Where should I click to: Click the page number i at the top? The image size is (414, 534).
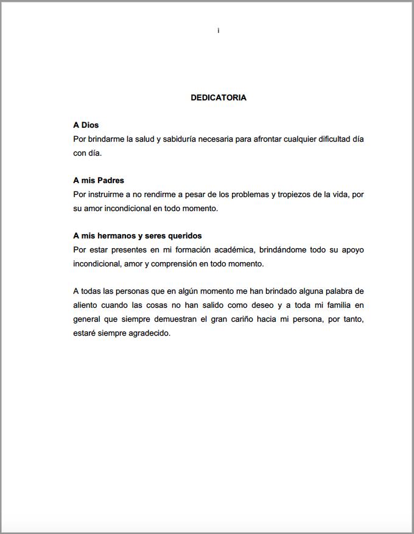[x=218, y=30]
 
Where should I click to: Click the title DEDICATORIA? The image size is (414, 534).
[x=219, y=97]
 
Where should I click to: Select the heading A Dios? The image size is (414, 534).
[x=86, y=125]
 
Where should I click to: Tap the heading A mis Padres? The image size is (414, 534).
[x=99, y=181]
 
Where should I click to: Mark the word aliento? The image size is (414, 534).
[x=86, y=305]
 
